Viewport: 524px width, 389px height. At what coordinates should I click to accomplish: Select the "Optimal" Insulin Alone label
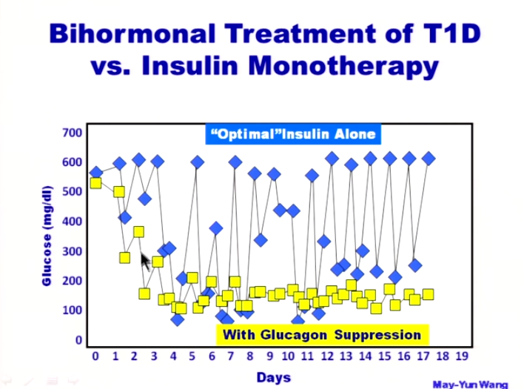click(294, 134)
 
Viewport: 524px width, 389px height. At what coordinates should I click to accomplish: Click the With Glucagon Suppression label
click(322, 334)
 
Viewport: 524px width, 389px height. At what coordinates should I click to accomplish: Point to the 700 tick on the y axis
click(71, 133)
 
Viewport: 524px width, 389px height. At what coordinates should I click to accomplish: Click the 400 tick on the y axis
click(71, 222)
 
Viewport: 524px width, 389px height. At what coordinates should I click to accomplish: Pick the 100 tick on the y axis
click(71, 310)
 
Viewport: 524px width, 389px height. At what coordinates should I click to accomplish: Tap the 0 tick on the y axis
click(76, 340)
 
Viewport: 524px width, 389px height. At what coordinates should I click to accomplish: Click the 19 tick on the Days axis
click(462, 356)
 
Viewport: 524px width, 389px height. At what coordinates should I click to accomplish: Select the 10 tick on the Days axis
click(289, 356)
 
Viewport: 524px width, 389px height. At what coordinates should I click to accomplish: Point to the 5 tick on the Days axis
click(192, 356)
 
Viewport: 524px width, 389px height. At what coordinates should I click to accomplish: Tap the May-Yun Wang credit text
click(471, 384)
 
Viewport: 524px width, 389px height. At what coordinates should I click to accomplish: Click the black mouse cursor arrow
click(146, 261)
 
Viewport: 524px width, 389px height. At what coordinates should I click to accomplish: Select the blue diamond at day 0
click(95, 173)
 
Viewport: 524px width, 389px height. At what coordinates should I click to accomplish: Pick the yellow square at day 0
click(95, 183)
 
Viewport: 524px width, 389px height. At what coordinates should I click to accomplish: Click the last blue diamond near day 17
click(428, 159)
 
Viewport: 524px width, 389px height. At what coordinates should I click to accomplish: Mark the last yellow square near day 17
click(428, 295)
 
